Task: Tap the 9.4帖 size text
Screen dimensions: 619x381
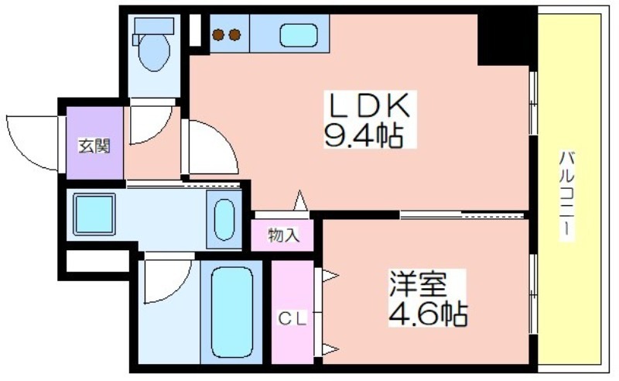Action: point(364,136)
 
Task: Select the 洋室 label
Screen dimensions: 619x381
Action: point(418,283)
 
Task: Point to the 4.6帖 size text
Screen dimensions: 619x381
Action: point(429,314)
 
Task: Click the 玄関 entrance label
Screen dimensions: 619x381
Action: point(94,146)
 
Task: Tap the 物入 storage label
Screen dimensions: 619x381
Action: point(283,235)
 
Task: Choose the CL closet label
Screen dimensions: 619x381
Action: point(292,319)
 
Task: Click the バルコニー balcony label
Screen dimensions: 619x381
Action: point(567,195)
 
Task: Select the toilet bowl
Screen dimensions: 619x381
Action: point(154,53)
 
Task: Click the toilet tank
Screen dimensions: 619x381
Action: point(154,26)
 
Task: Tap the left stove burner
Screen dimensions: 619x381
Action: point(218,35)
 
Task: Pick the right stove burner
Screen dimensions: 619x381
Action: point(235,35)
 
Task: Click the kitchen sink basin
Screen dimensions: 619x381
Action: point(299,35)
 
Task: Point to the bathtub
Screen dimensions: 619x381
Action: point(231,312)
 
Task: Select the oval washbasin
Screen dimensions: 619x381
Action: point(224,220)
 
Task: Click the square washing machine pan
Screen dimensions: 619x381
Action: point(94,215)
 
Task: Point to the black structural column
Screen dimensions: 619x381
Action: point(507,39)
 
